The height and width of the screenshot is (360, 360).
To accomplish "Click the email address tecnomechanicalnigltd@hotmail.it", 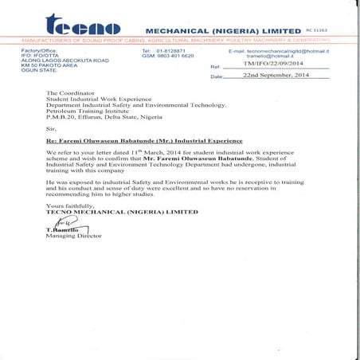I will pyautogui.click(x=295, y=50).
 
